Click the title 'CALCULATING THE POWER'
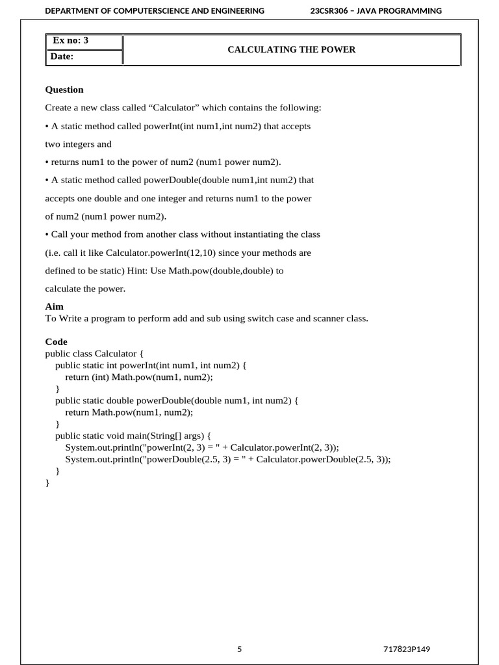coord(291,49)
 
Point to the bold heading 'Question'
coord(64,90)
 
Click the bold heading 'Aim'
coord(54,307)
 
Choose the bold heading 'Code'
coord(56,342)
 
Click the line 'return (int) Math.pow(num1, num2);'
coord(139,377)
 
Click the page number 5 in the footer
coord(239,649)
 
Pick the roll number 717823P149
coord(407,649)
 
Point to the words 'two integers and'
coord(78,144)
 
